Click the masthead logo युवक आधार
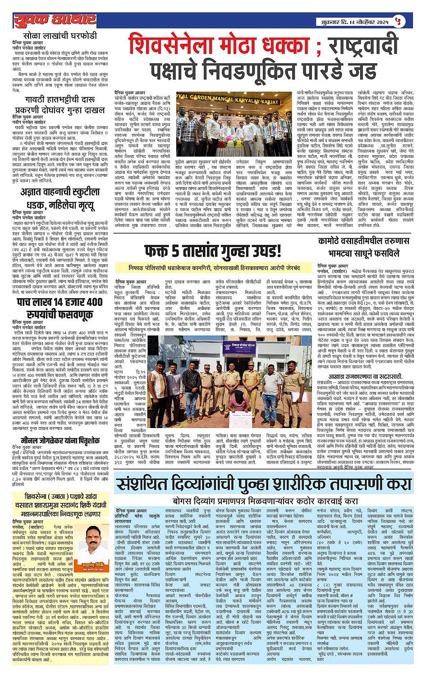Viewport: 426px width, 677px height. (x=55, y=20)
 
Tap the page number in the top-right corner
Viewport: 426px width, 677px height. (x=409, y=20)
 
